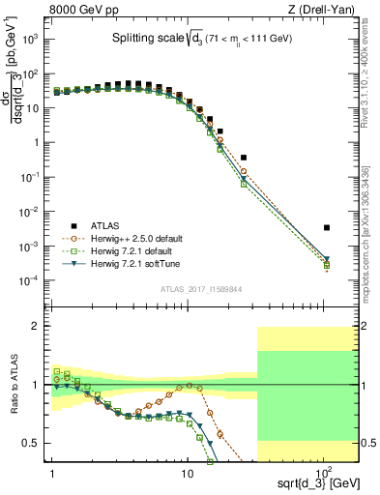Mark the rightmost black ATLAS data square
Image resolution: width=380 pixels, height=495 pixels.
327,228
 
